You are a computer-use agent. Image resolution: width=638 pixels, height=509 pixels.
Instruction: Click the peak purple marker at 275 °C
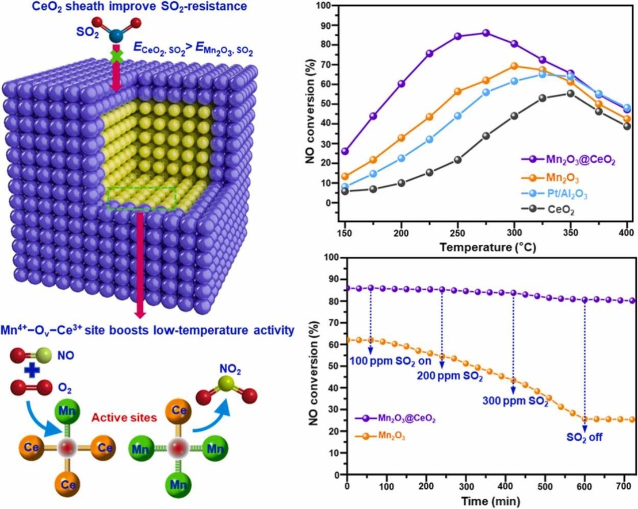[486, 33]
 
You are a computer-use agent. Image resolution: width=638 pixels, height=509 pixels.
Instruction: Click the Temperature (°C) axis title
[486, 248]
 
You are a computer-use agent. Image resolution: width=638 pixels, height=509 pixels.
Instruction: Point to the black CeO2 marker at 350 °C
[570, 94]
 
